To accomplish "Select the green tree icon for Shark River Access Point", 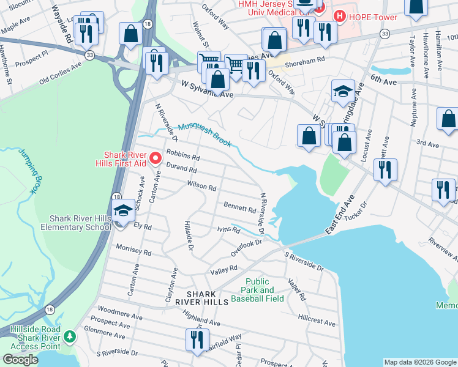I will click(70, 336).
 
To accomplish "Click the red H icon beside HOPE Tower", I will click(336, 17).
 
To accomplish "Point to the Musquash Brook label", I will click(205, 135).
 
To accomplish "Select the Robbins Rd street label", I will click(183, 157).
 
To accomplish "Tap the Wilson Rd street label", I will click(202, 186).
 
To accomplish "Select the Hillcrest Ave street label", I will click(317, 321).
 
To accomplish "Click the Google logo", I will click(20, 360).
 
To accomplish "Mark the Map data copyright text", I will click(419, 362).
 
